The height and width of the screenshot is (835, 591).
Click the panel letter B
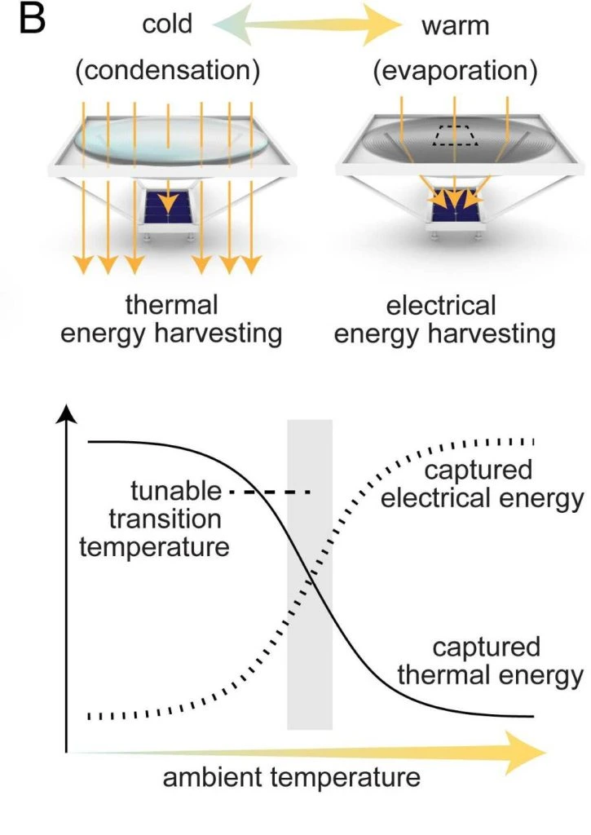click(x=33, y=20)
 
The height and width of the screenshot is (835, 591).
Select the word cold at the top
click(x=167, y=24)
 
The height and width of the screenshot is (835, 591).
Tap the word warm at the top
click(x=455, y=26)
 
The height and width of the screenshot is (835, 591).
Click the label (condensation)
click(x=168, y=70)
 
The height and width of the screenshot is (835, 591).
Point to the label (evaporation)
click(x=455, y=70)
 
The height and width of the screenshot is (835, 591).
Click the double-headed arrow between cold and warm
click(x=307, y=24)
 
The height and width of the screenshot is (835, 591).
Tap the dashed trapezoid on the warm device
click(x=455, y=136)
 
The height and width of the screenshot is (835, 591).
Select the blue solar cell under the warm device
click(x=455, y=205)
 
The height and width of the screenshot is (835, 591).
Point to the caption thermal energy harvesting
click(x=171, y=319)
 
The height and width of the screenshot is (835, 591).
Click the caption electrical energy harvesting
click(x=444, y=320)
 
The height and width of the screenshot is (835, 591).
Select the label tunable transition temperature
click(x=154, y=519)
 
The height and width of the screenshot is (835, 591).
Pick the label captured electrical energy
click(x=482, y=484)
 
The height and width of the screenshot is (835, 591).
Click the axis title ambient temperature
click(x=291, y=777)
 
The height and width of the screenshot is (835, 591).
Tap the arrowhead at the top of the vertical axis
click(x=66, y=414)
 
